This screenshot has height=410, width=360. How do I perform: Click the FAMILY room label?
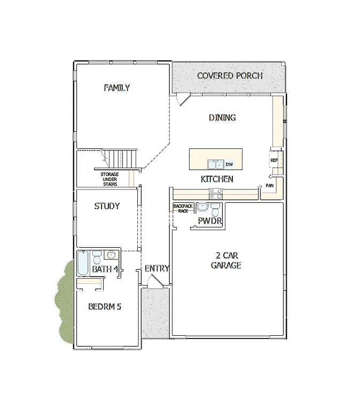[116, 88]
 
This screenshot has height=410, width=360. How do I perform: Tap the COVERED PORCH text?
[230, 76]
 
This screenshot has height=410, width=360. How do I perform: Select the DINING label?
[222, 118]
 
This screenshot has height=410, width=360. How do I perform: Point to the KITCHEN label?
[217, 179]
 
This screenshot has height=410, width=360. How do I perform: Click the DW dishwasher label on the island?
[229, 164]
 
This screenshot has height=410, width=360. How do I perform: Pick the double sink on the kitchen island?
[216, 164]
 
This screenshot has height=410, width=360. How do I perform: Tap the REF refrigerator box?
[274, 160]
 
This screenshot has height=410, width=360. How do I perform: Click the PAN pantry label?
[270, 186]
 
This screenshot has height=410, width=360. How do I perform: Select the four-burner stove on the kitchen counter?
[215, 194]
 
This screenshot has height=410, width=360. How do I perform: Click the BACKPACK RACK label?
[180, 208]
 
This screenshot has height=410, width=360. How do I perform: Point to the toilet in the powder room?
[215, 208]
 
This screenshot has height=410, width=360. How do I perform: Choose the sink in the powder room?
[202, 207]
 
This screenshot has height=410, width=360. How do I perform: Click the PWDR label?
[209, 220]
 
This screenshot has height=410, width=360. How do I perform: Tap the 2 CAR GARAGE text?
[226, 260]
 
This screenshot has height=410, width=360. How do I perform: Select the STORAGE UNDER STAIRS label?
[109, 179]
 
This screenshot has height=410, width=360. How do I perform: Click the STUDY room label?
[107, 206]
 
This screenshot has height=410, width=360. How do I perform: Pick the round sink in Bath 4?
[111, 255]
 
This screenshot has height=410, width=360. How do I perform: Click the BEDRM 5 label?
[105, 307]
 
